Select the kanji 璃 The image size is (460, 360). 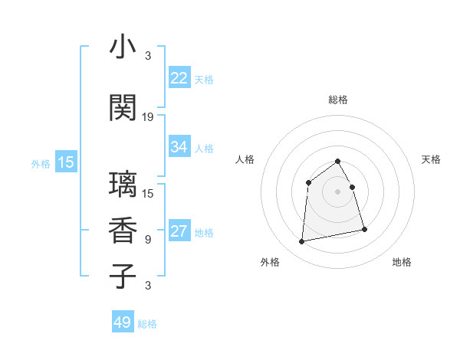coord(123,185)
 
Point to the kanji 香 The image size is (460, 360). coord(123,231)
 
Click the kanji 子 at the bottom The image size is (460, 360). coord(123,276)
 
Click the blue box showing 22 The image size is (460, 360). coord(179,77)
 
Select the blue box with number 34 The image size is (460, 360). coord(179,147)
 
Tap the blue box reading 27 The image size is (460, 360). coord(179,231)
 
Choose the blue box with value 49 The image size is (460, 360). coord(123,322)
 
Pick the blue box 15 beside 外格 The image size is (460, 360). coord(65,162)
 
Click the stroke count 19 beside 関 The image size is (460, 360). coord(148,117)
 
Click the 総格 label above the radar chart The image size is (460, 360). coord(338,100)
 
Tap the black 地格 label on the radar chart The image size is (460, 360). coord(402,262)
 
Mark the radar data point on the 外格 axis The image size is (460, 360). coord(302,242)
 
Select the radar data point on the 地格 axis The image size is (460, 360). coord(364,229)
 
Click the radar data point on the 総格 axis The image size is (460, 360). coord(338,162)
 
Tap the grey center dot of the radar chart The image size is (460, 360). coord(338,191)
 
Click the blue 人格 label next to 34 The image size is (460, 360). coord(204,148)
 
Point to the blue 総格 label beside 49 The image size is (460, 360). coord(147,324)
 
